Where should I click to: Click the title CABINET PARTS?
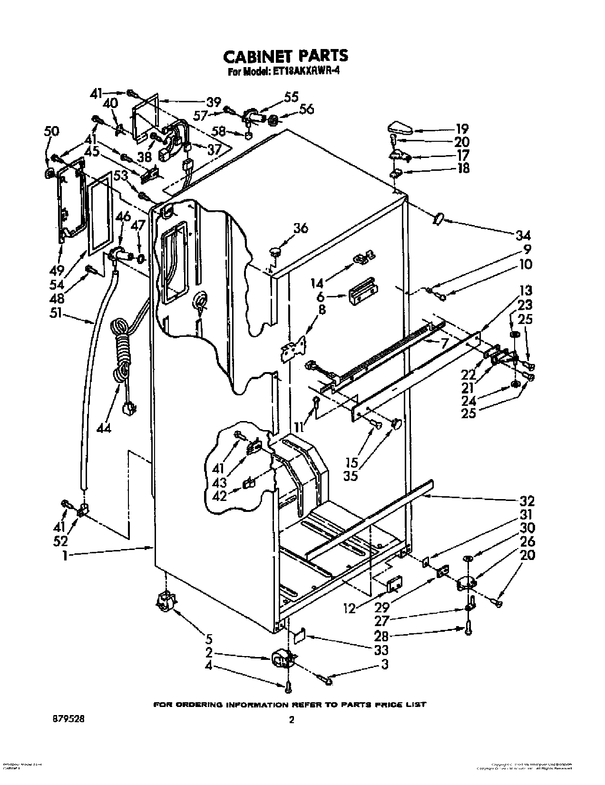(x=285, y=56)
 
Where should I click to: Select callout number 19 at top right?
(x=461, y=128)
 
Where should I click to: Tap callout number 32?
(x=527, y=500)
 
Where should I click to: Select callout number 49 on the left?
(x=58, y=271)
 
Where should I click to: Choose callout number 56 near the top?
(x=307, y=109)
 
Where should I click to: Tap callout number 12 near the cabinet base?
(x=350, y=608)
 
